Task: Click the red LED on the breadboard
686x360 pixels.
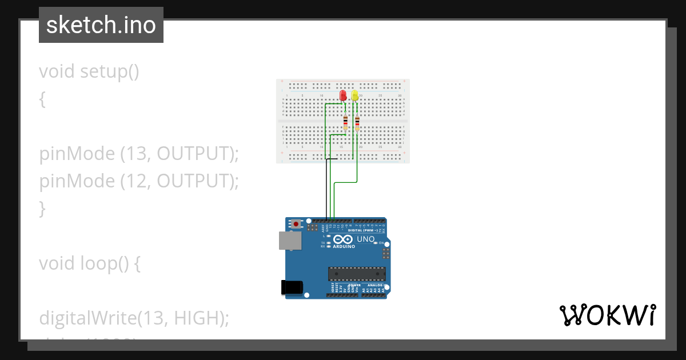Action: pos(343,95)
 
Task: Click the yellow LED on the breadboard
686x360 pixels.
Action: pos(355,95)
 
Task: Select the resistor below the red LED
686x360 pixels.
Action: pos(345,122)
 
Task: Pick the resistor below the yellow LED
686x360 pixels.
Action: pos(357,122)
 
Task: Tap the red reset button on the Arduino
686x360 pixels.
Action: pos(296,225)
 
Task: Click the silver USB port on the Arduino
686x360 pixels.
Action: pos(289,241)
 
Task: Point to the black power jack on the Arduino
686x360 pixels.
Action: pos(292,287)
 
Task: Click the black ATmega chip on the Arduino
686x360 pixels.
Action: pos(357,274)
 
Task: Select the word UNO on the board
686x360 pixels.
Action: pos(366,239)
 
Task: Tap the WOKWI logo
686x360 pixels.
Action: pos(607,315)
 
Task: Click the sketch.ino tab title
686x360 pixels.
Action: pos(101,25)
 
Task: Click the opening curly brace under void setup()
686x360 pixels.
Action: pos(42,99)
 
